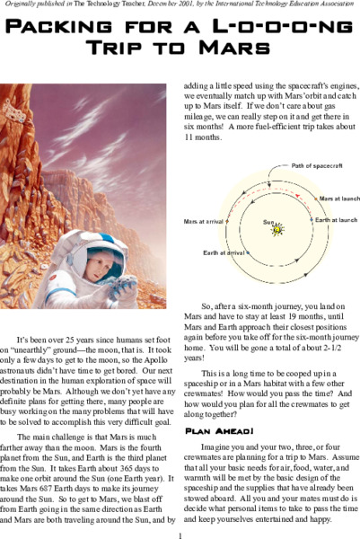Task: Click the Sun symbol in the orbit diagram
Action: tap(278, 228)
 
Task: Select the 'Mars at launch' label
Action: tap(338, 198)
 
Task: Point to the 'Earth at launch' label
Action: tap(336, 220)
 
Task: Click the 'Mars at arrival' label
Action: tap(203, 220)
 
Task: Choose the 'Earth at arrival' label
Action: tap(224, 252)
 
